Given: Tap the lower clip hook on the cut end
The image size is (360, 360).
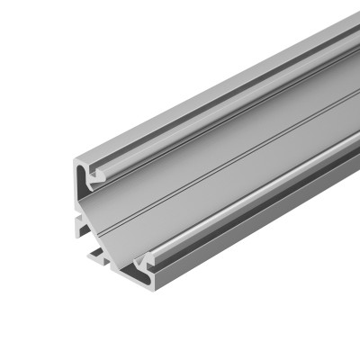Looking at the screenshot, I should pos(142,262).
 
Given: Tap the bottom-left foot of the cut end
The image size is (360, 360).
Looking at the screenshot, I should pos(95,261).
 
